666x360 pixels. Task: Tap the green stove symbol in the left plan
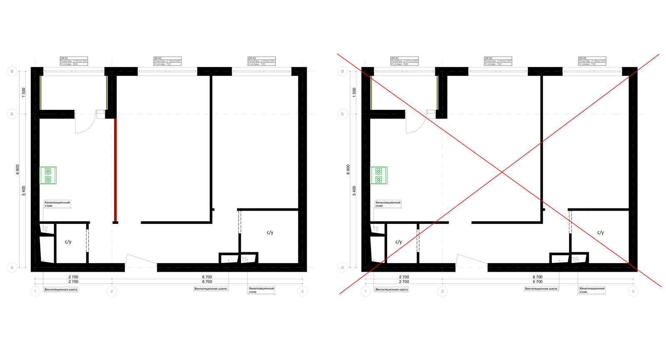tap(48, 175)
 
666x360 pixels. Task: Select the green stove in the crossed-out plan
tap(378, 175)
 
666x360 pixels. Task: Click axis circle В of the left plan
tap(12, 72)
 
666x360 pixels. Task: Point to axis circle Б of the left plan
tap(12, 114)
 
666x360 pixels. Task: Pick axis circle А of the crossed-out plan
tap(343, 268)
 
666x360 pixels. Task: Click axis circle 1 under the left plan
tap(35, 291)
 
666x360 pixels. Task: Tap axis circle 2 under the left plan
tap(112, 291)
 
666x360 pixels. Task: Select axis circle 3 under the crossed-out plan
tap(633, 291)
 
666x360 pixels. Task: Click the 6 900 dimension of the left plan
tap(18, 169)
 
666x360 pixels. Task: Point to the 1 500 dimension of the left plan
tap(24, 92)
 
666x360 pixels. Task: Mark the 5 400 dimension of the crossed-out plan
tap(354, 191)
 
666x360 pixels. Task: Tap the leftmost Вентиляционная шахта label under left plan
tap(61, 289)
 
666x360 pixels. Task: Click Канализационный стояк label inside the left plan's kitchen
tap(57, 204)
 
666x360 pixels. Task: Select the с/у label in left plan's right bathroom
tap(270, 233)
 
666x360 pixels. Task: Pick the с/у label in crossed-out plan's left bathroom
tap(398, 242)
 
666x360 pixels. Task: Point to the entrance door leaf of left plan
tap(141, 258)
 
